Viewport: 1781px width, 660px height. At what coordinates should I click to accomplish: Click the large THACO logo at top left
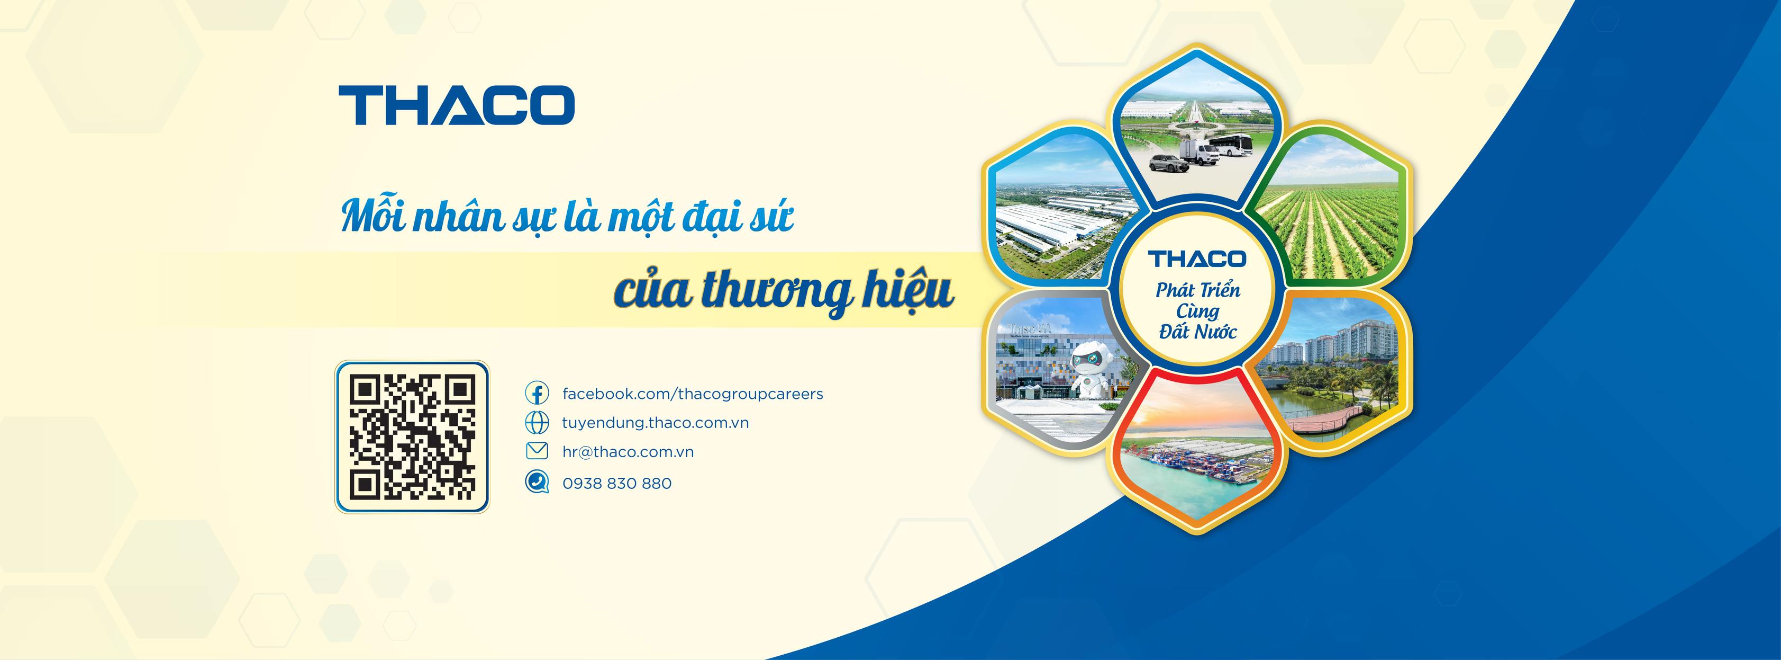coord(456,105)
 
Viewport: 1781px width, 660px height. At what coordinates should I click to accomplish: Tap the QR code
coord(412,436)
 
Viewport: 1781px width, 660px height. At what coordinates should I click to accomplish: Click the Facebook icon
coord(537,394)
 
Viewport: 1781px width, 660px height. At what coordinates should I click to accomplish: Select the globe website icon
coord(537,423)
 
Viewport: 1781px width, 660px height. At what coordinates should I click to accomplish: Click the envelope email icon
coord(537,452)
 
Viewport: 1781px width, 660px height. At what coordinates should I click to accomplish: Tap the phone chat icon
coord(537,482)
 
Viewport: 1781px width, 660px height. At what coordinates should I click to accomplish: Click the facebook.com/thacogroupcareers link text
coord(692,394)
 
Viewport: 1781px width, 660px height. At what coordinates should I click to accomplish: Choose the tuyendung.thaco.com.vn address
coord(655,423)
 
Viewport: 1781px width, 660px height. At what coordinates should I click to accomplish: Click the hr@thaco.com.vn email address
coord(628,452)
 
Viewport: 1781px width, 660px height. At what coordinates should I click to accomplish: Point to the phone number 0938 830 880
coord(617,483)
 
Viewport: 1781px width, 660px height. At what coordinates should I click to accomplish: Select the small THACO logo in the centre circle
coord(1197,258)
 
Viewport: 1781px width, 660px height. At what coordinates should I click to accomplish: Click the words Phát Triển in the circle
coord(1197,289)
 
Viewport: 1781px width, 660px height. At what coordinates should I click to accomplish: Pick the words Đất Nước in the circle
coord(1197,332)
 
